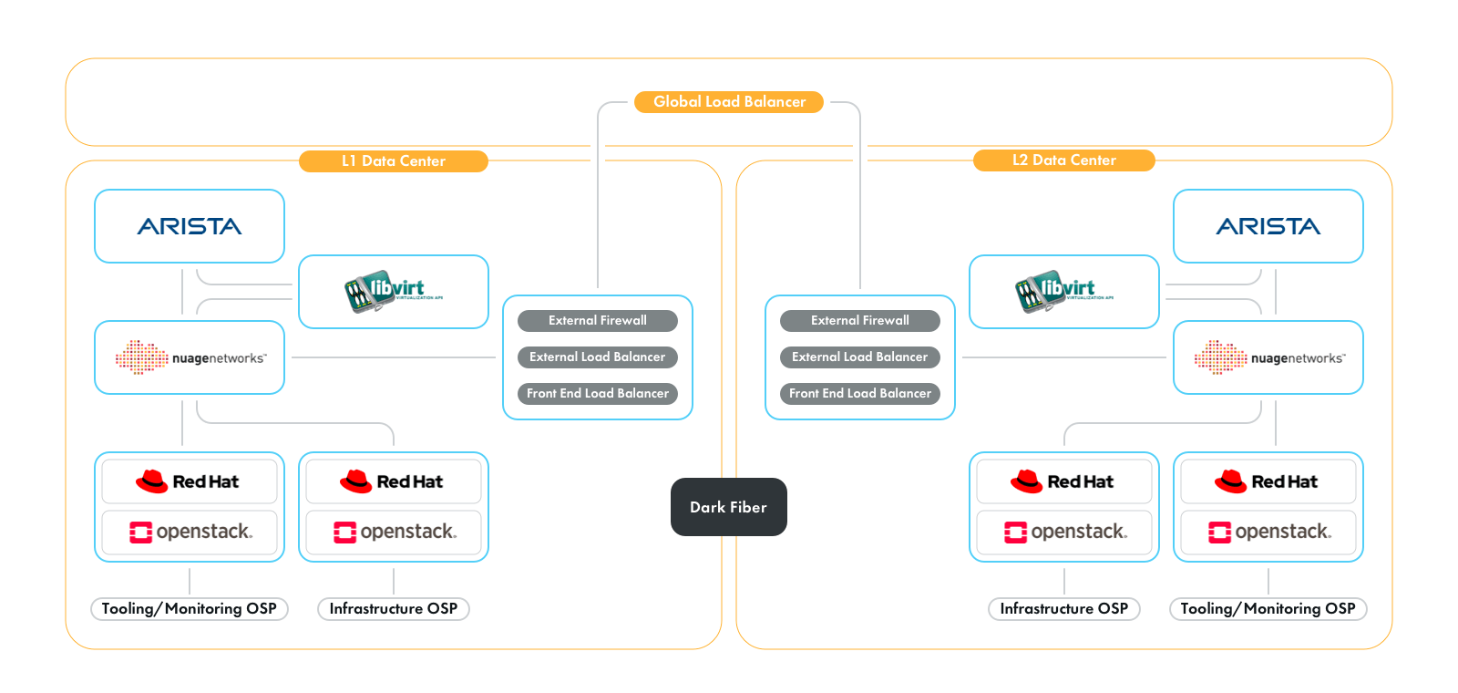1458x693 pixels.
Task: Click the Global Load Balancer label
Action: (x=729, y=102)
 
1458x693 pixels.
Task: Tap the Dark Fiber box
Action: (x=728, y=507)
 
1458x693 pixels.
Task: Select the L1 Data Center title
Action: (x=394, y=161)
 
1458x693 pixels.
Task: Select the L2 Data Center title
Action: (x=1063, y=160)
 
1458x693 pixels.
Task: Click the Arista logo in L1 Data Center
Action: (x=190, y=226)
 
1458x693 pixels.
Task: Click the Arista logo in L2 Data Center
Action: (x=1268, y=226)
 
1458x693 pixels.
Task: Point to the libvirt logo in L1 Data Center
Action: (x=394, y=292)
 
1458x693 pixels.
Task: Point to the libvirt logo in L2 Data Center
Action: (x=1063, y=292)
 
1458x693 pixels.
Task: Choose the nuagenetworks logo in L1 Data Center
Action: (x=190, y=357)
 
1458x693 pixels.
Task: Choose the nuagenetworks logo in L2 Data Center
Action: (x=1268, y=357)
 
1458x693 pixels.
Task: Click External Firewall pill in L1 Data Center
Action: (x=598, y=321)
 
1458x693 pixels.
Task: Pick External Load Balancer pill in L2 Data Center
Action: (x=859, y=357)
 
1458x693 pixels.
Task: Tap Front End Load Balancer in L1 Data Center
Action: (x=598, y=394)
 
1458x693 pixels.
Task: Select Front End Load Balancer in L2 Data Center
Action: (x=859, y=394)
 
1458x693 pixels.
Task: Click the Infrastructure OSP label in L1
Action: (x=394, y=609)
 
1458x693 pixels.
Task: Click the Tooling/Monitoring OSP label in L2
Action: (x=1268, y=609)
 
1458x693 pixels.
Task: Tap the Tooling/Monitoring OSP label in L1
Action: (x=190, y=609)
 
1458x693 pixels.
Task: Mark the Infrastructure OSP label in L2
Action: (x=1063, y=609)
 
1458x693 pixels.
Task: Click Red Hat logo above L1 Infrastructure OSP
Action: (x=394, y=481)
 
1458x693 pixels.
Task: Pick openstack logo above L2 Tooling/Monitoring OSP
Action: (x=1268, y=532)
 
